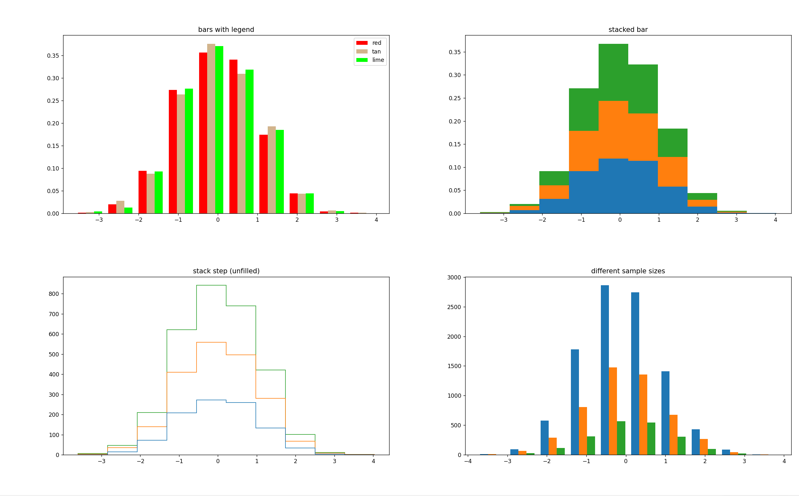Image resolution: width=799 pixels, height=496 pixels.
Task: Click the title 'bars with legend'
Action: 226,30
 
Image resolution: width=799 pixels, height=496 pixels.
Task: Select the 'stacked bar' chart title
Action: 628,30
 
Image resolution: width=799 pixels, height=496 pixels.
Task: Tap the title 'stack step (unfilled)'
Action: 226,271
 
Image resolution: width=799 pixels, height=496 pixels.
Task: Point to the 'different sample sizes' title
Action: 628,271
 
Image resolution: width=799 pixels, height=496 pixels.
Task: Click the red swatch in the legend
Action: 362,43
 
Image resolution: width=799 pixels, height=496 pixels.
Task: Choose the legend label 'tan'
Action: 376,52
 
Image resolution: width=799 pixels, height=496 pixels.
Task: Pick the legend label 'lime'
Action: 378,60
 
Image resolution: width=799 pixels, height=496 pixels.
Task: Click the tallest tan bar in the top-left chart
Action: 211,129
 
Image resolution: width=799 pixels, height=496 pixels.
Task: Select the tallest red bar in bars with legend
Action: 203,133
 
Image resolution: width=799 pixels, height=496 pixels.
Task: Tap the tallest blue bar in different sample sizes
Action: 605,370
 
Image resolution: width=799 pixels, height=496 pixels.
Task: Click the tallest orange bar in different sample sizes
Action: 613,411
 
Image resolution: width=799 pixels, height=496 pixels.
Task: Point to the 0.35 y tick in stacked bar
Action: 455,52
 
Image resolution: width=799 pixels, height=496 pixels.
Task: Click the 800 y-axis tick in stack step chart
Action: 54,294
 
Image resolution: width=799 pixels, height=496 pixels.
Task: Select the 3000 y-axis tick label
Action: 454,277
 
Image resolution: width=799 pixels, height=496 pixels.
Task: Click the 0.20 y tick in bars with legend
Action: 53,123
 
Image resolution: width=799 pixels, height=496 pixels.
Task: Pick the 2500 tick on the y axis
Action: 454,307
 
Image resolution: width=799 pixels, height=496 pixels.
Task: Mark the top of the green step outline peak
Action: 211,286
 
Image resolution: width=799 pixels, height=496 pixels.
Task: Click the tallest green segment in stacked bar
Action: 613,73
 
